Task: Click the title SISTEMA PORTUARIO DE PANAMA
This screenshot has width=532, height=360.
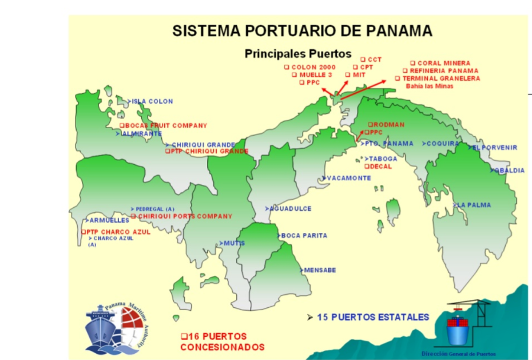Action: click(302, 31)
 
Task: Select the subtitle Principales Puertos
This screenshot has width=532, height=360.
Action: click(297, 54)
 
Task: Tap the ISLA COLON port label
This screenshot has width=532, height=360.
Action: click(152, 102)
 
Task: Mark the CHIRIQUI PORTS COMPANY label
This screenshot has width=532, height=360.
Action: click(184, 216)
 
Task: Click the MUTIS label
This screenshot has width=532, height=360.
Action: click(233, 243)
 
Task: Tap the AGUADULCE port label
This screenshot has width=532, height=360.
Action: click(291, 209)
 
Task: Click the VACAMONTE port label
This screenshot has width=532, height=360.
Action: click(348, 178)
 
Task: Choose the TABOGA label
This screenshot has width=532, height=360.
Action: click(382, 159)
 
